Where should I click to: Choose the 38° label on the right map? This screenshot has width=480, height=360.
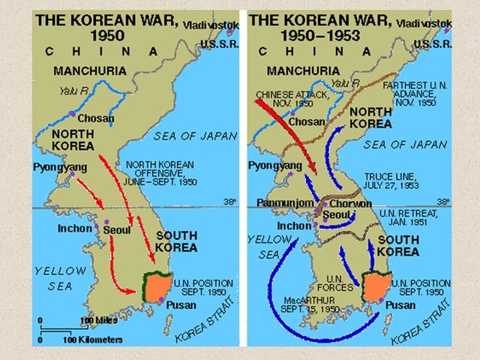coord(443,202)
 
